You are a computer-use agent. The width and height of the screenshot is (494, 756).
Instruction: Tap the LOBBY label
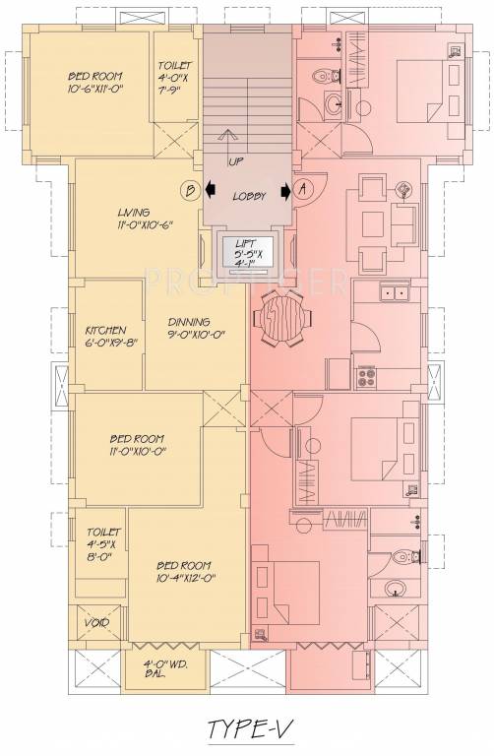[249, 197]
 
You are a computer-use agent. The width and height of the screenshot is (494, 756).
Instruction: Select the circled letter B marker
[192, 189]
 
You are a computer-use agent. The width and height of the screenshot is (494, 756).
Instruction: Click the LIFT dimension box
[249, 254]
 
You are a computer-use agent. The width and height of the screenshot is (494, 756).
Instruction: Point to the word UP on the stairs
[236, 160]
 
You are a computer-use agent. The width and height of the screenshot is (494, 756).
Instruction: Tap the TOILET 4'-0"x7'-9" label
[176, 79]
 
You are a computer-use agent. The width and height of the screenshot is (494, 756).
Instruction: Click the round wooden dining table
[278, 321]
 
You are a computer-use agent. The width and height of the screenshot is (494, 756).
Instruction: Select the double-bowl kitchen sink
[396, 291]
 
